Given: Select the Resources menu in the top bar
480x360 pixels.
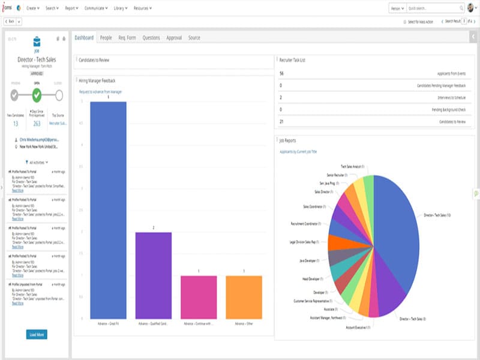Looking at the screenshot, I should point(142,8).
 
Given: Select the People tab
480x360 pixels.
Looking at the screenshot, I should point(106,38).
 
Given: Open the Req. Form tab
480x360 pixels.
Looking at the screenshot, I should point(127,38).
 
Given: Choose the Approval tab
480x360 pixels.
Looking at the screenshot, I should point(173,38).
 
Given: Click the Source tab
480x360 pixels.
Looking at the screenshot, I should point(194,38).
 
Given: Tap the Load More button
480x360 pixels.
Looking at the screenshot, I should point(37,334).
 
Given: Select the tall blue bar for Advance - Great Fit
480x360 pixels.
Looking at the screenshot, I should point(108,210).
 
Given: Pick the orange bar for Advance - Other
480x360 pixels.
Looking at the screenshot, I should point(244,297).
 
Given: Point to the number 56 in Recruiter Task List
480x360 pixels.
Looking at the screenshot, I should point(281,73).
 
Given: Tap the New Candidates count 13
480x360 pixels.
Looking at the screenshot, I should point(16,124).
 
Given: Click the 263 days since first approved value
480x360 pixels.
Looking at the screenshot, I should point(37,124).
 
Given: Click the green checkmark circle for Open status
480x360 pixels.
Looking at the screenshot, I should point(37,95).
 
